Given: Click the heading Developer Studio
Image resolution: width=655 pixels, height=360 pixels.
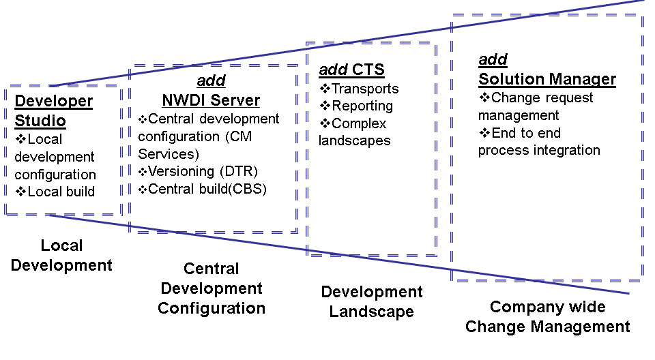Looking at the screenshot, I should [53, 111].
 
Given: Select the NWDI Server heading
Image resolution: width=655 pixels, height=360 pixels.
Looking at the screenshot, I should [211, 100].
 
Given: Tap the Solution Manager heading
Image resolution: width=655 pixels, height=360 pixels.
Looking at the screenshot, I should [547, 79].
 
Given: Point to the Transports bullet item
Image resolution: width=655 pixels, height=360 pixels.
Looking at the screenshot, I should [364, 89].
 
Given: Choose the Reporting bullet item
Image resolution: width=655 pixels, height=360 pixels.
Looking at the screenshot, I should [362, 106].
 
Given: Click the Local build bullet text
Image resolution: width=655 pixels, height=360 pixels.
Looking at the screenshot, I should [61, 192].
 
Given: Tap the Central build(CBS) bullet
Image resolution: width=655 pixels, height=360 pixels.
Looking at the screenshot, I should [207, 189].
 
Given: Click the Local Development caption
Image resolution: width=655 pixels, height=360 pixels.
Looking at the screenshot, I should [61, 255].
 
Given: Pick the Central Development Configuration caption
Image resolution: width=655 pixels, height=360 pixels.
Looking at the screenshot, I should [211, 288].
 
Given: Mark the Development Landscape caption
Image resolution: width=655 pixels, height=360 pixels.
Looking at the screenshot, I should [371, 302].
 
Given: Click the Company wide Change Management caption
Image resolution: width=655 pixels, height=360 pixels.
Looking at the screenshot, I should [547, 317].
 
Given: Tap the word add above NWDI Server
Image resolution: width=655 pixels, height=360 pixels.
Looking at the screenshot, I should [211, 82].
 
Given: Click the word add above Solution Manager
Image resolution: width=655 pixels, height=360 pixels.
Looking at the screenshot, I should [493, 60].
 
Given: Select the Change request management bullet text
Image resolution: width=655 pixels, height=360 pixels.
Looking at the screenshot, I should [535, 106].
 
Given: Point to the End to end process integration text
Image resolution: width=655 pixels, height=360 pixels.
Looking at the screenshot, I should [538, 141].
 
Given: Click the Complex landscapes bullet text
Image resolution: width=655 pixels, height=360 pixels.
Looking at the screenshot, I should [354, 132].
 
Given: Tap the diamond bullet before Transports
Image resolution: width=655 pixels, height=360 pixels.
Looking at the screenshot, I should [325, 89].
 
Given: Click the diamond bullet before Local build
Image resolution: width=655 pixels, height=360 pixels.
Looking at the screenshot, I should [20, 192].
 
